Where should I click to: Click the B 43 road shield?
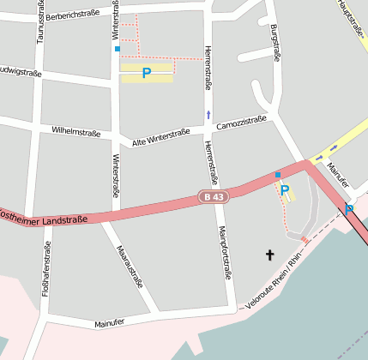(214, 197)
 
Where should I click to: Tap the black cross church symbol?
(270, 255)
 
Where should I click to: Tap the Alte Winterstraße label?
(160, 135)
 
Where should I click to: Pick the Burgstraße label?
(275, 43)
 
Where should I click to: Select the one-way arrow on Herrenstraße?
(208, 114)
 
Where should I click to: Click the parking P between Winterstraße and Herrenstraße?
(146, 74)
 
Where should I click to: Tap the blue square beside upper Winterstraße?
(118, 49)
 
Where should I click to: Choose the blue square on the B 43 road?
(277, 175)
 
